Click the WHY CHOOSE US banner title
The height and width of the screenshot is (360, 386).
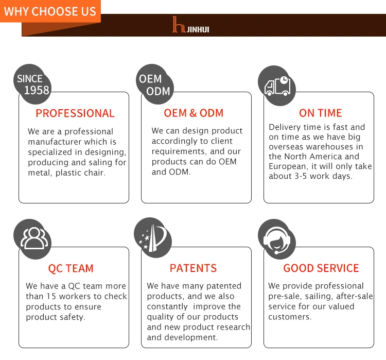click(50, 11)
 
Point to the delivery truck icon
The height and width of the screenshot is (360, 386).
click(277, 85)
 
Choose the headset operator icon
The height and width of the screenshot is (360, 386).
click(276, 239)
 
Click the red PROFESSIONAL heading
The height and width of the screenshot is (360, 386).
click(75, 113)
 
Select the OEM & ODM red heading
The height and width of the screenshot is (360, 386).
click(194, 113)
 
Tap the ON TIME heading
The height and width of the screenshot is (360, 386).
click(320, 113)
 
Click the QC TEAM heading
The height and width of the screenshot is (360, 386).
click(71, 268)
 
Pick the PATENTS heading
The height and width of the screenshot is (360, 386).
click(193, 268)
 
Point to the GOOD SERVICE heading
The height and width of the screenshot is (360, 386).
click(321, 268)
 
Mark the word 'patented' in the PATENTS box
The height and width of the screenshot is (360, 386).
click(223, 286)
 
